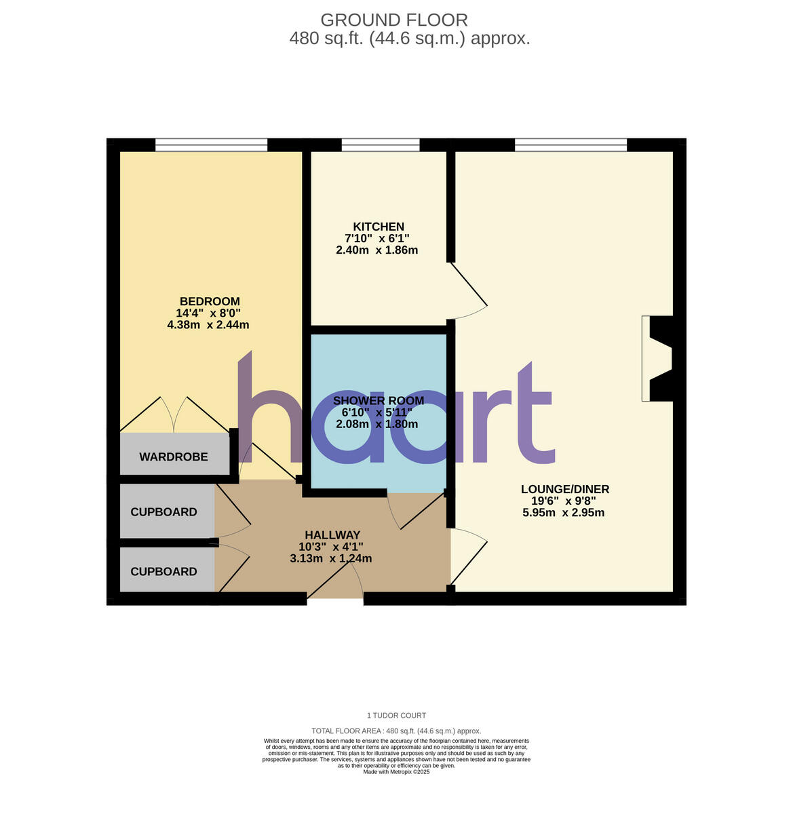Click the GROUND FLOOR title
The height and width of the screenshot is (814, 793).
[x=394, y=20]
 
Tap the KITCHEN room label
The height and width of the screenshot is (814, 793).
[x=378, y=227]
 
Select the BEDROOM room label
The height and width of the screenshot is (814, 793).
[x=210, y=301]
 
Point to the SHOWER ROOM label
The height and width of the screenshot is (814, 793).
[x=378, y=400]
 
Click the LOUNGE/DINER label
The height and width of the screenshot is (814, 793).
[x=564, y=489]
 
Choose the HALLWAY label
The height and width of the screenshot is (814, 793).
[x=332, y=535]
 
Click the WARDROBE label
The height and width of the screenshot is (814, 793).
[x=174, y=457]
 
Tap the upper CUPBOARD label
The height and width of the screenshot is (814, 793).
[x=163, y=512]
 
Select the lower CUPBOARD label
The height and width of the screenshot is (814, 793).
[x=163, y=572]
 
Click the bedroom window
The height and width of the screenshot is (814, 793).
[x=211, y=144]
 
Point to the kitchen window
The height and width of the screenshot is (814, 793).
[x=380, y=144]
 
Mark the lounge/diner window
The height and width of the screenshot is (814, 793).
[x=570, y=144]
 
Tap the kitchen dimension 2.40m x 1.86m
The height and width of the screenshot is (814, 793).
[x=376, y=250]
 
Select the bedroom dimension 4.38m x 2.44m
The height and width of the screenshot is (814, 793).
[x=208, y=325]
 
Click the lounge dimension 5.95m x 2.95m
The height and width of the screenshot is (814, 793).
[x=563, y=513]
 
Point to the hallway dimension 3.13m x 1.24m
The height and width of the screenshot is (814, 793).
[x=331, y=559]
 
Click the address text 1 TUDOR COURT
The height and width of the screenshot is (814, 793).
[x=396, y=716]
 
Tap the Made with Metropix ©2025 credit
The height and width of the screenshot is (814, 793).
[x=396, y=772]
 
